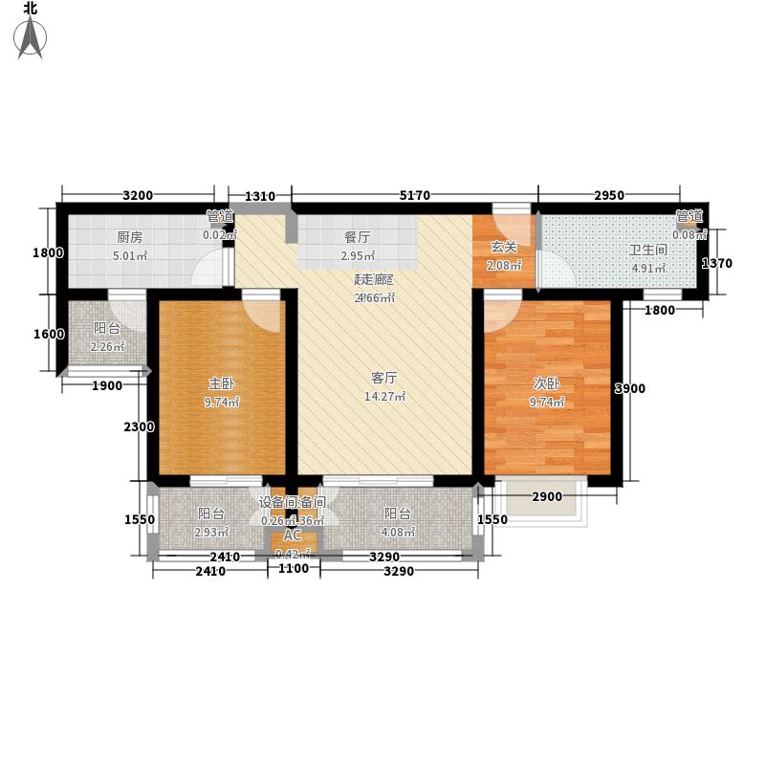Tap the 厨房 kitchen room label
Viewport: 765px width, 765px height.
[x=130, y=238]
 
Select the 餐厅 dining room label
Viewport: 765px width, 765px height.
[x=358, y=238]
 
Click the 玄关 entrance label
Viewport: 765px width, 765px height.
[x=504, y=248]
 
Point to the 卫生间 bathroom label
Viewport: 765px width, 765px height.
[x=647, y=251]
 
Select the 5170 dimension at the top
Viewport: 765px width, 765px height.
[x=415, y=196]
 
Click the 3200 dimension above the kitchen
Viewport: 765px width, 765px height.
[x=138, y=196]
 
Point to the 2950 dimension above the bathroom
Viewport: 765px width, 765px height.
[x=609, y=196]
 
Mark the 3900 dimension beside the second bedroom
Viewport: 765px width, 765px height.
[x=629, y=388]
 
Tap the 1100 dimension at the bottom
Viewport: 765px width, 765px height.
[x=294, y=569]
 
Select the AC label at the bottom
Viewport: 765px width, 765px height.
[x=293, y=535]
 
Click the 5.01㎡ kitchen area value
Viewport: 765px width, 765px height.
[x=130, y=256]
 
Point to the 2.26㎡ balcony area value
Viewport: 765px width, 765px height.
[x=107, y=346]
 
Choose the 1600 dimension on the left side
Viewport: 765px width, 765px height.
[x=48, y=335]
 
